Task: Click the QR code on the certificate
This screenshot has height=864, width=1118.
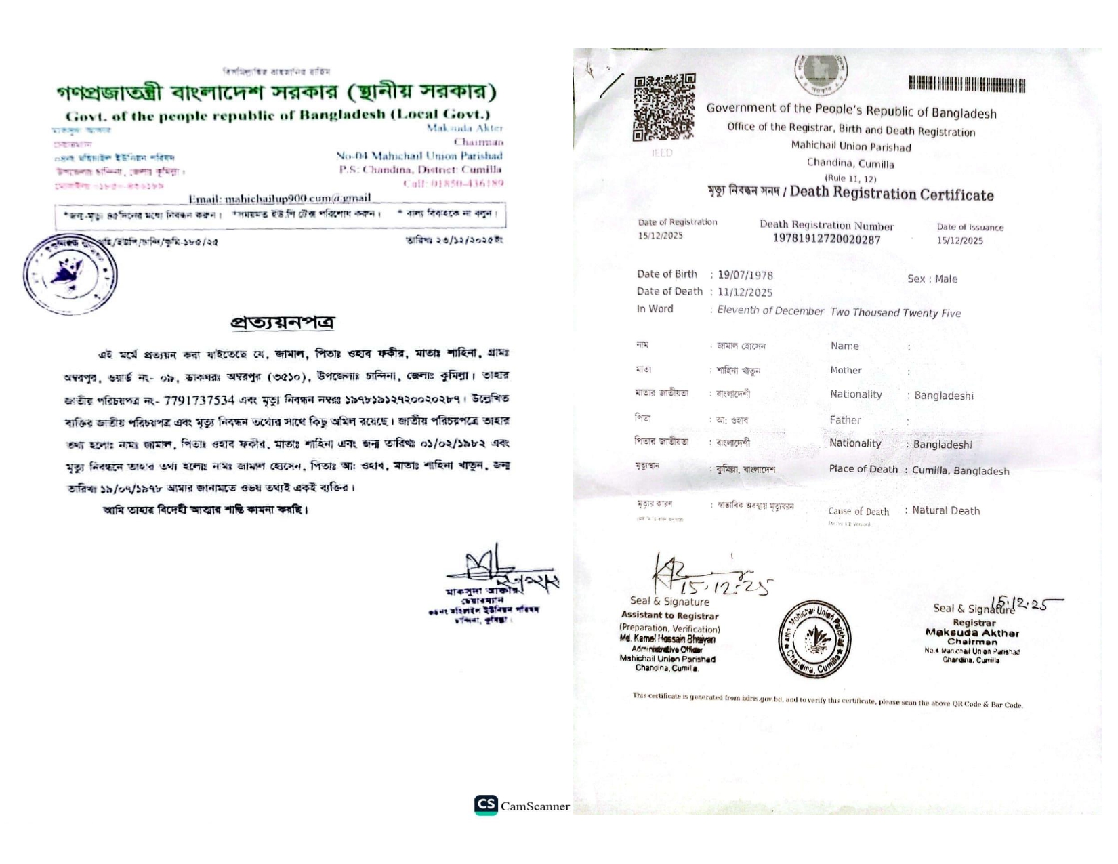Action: [x=663, y=107]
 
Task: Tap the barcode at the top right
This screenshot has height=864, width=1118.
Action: [x=966, y=85]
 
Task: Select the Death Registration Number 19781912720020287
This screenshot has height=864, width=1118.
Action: [x=826, y=239]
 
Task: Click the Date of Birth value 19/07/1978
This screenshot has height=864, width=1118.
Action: [x=745, y=275]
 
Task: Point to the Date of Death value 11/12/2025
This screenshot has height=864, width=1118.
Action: [x=745, y=293]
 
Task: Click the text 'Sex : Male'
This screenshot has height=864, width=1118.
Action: [x=932, y=279]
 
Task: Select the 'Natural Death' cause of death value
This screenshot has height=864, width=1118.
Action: [x=946, y=511]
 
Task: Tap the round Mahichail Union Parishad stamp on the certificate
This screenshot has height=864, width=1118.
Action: [x=814, y=639]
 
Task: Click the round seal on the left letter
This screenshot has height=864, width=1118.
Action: [x=70, y=274]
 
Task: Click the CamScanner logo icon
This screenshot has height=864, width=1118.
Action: [x=486, y=804]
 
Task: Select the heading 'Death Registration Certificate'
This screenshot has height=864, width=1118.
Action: [x=892, y=194]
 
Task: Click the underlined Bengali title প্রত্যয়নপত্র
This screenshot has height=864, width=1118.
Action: [x=283, y=323]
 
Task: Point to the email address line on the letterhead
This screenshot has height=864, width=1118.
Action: [x=280, y=199]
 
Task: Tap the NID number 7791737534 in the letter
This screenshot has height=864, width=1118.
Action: [x=199, y=400]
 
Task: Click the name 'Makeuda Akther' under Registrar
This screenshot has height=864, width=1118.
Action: [x=972, y=633]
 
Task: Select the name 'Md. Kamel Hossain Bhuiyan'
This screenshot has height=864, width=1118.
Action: [x=667, y=639]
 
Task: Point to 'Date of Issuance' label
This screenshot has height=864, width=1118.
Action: [x=970, y=228]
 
